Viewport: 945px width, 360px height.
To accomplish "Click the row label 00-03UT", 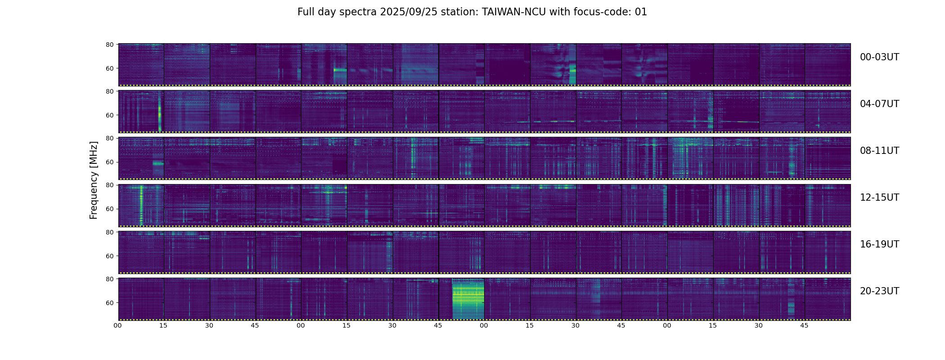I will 879,57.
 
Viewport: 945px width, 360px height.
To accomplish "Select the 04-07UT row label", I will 879,104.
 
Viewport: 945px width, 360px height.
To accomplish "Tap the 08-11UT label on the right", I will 879,151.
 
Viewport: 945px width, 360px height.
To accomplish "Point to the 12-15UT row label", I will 879,198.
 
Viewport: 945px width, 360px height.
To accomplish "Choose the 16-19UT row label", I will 879,244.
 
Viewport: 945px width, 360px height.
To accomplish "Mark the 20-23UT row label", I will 879,291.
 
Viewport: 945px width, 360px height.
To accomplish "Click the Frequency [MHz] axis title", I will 94,180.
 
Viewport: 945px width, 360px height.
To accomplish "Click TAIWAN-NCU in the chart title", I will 514,12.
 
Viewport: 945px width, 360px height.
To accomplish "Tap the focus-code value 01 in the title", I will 641,12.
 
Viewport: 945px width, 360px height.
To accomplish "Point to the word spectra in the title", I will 361,12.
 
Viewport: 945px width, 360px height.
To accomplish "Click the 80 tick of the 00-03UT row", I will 110,45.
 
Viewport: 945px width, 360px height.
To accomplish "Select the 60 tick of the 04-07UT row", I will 110,115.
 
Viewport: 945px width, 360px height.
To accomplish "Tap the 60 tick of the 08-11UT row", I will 110,162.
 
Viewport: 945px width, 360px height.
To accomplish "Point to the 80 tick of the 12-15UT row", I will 110,185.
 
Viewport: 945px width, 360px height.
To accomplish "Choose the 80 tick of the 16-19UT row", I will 110,232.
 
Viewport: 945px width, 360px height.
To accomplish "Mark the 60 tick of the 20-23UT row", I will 110,303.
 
